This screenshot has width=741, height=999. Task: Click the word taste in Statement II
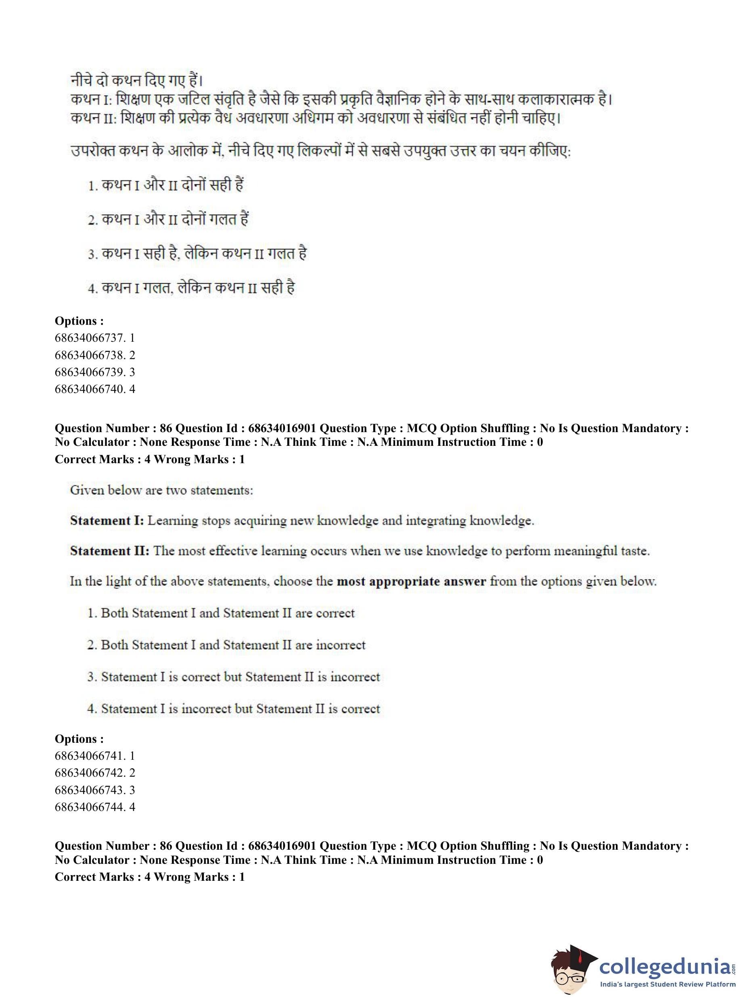pyautogui.click(x=631, y=551)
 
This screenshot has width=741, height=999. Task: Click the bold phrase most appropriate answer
pyautogui.click(x=411, y=581)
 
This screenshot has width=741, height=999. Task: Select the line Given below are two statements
pyautogui.click(x=161, y=490)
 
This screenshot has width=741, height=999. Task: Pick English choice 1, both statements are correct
pyautogui.click(x=221, y=613)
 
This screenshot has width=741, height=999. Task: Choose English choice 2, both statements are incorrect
pyautogui.click(x=226, y=645)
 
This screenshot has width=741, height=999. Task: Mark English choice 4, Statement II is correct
pyautogui.click(x=233, y=708)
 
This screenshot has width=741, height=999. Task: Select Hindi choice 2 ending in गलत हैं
pyautogui.click(x=168, y=219)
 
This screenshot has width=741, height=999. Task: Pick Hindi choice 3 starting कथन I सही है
pyautogui.click(x=197, y=253)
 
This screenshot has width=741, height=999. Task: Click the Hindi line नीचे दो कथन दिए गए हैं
pyautogui.click(x=137, y=81)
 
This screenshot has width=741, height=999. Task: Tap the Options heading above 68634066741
pyautogui.click(x=79, y=738)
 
